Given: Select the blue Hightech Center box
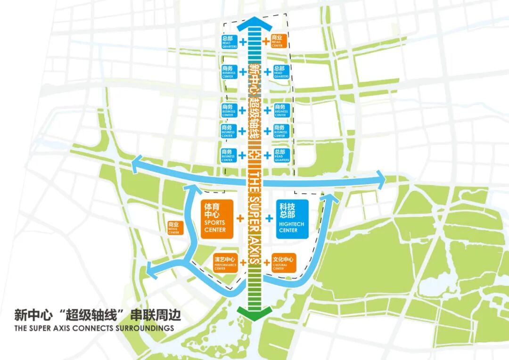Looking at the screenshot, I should tap(292, 219).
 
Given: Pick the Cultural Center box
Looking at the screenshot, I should tap(283, 263).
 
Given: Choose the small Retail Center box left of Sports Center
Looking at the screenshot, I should tap(173, 228).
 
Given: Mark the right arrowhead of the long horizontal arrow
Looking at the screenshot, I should tap(380, 179).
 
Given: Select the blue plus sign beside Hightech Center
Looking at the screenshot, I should tap(269, 218).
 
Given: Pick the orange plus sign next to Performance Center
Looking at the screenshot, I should tap(243, 262).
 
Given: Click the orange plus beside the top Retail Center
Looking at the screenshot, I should tap(265, 41).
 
